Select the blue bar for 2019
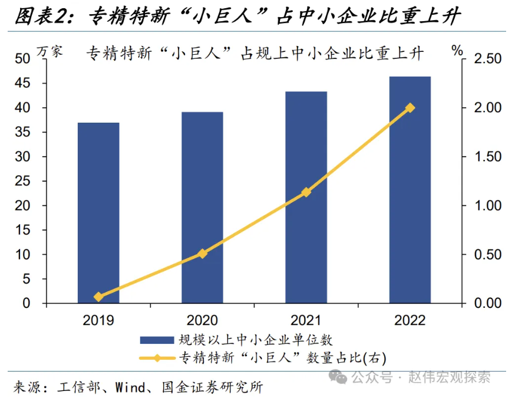tap(98, 213)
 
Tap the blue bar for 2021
tap(306, 198)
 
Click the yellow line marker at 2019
tap(98, 297)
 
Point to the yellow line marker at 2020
tap(202, 254)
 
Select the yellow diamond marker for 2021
tap(306, 192)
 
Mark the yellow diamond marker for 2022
tap(410, 108)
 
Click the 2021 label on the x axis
tap(306, 320)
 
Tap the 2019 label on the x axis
tap(98, 320)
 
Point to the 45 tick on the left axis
tap(22, 83)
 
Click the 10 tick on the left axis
tap(22, 255)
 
